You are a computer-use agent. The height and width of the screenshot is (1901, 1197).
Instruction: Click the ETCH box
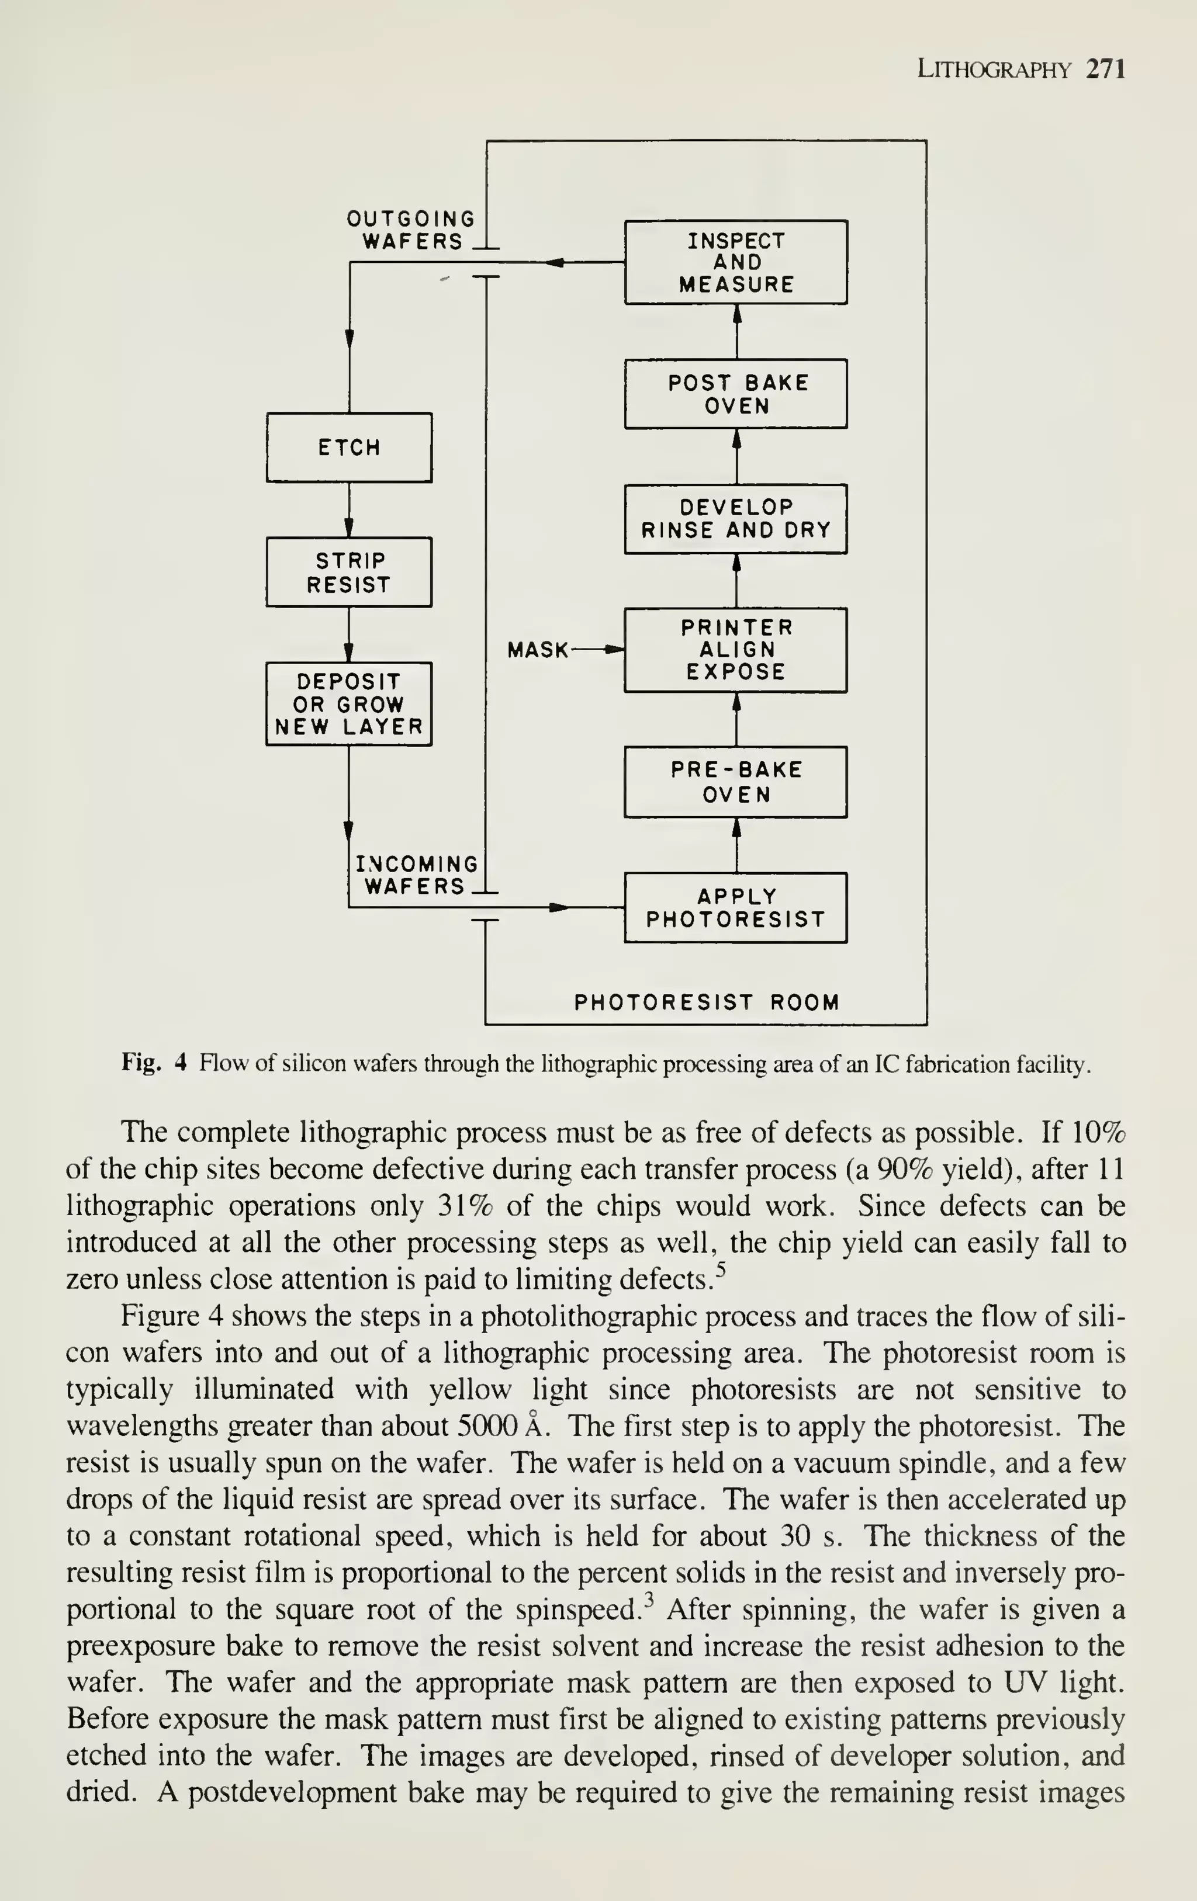click(349, 447)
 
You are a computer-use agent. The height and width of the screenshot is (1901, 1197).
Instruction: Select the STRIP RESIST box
click(349, 573)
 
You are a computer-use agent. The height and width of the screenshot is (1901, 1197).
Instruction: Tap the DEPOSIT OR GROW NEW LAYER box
click(349, 703)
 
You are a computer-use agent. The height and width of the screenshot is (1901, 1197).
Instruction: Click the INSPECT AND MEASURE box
click(736, 262)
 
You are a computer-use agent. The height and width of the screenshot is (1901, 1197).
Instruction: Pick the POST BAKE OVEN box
click(736, 394)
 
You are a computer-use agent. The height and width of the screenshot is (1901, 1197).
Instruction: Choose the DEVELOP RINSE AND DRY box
click(736, 519)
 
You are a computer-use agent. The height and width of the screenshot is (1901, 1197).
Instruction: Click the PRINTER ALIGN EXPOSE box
click(736, 650)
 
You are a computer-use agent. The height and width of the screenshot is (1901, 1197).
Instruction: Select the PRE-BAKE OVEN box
click(736, 782)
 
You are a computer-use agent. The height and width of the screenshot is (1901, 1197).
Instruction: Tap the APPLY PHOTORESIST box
click(736, 907)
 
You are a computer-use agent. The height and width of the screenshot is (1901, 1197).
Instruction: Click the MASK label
click(538, 650)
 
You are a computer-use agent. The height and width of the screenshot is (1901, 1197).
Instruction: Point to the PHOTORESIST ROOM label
click(707, 1002)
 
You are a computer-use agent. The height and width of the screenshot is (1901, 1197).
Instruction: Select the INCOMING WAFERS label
click(417, 875)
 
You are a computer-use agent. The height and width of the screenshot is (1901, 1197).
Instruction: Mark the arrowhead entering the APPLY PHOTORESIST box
click(559, 907)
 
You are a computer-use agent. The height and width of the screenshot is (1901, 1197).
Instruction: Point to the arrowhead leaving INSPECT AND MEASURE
click(554, 262)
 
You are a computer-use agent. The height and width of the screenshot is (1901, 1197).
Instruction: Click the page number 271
click(1105, 70)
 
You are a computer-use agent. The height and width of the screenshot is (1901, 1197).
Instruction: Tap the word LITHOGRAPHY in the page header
click(994, 70)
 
